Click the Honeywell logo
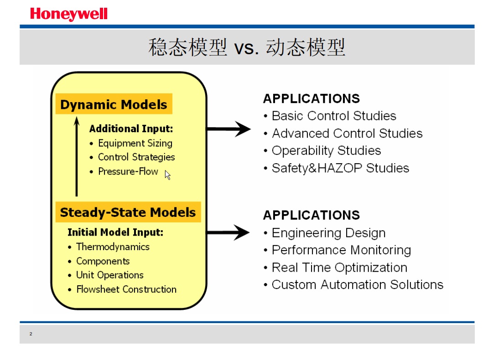(x=69, y=14)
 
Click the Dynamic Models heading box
(x=114, y=104)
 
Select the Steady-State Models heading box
(x=128, y=212)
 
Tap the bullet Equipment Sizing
(x=135, y=144)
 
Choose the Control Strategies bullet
(x=136, y=157)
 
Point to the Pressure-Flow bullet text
(x=128, y=171)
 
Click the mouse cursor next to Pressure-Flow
(x=167, y=175)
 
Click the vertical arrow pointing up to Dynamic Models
(x=77, y=156)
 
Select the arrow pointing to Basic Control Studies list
(x=229, y=129)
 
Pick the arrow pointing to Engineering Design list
(x=228, y=232)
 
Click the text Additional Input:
(x=131, y=129)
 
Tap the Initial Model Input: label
(x=115, y=232)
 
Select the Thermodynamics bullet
(x=113, y=247)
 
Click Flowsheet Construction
(x=126, y=289)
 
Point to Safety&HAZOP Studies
(x=340, y=168)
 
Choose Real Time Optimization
(x=339, y=267)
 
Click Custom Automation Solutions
(x=357, y=285)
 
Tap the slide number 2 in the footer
(x=31, y=334)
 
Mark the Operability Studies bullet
(x=326, y=151)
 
